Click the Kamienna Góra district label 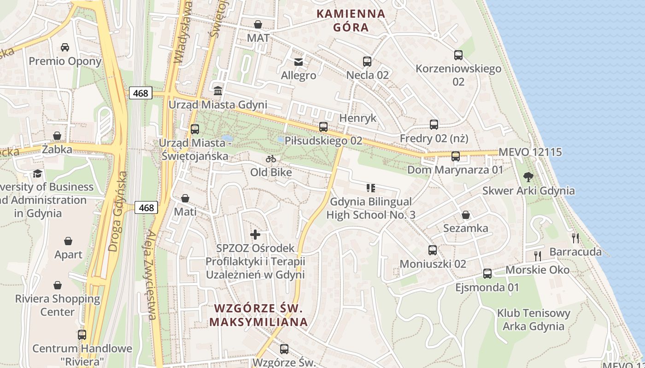tap(351, 20)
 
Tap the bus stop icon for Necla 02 tap(367, 62)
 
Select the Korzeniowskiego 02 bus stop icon tap(458, 55)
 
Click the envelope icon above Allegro tap(299, 62)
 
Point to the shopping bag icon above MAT tap(258, 24)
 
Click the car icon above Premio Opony tap(65, 47)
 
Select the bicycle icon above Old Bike tap(271, 159)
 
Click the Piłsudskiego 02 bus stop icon tap(323, 127)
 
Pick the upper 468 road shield tap(141, 93)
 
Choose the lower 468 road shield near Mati tap(147, 207)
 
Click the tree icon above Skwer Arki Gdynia tap(528, 177)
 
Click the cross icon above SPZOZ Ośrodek tap(255, 234)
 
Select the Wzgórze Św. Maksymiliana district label tap(258, 315)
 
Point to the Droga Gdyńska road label tap(117, 212)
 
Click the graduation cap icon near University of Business tap(37, 173)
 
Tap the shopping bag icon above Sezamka tap(466, 215)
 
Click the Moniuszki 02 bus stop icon tap(433, 250)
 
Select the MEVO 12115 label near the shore tap(530, 152)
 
